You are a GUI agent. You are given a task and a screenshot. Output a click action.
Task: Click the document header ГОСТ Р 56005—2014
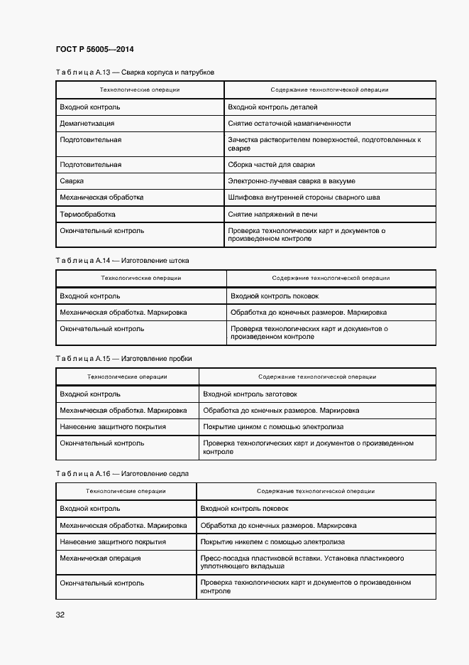pos(94,50)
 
